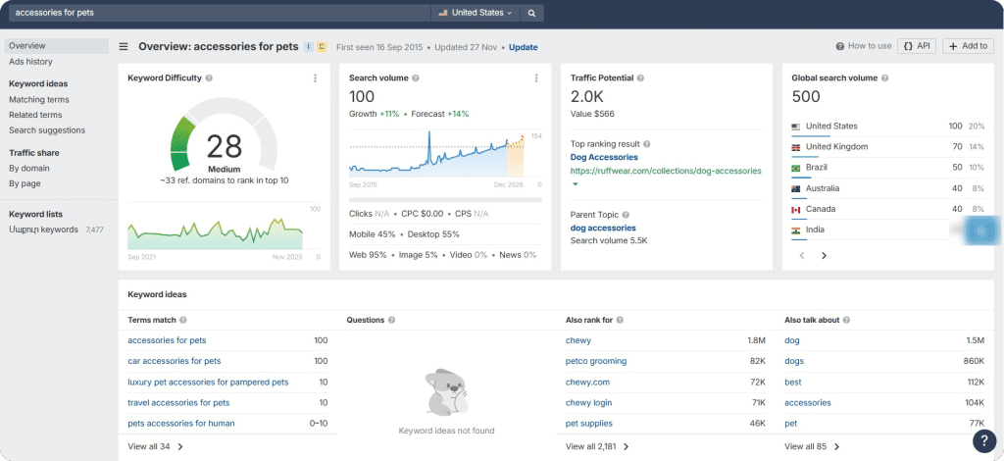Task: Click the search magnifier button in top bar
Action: [530, 13]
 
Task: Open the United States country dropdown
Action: [476, 13]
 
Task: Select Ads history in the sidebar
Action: [30, 62]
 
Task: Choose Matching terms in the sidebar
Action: [39, 99]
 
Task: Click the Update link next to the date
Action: [523, 47]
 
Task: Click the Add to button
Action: [968, 46]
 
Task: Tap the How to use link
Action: [864, 46]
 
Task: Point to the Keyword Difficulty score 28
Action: [225, 146]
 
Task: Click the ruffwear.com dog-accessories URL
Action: [666, 171]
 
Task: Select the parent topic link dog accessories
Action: [603, 228]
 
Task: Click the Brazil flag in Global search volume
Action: [796, 168]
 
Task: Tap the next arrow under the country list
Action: [824, 255]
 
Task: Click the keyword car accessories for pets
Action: [174, 361]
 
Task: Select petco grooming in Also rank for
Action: [596, 361]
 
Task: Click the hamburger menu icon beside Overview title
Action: [124, 46]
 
